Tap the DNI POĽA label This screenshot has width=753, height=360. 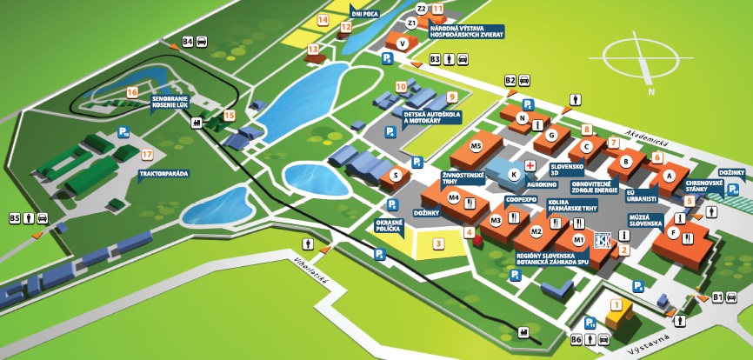tap(366, 14)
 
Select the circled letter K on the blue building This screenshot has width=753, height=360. tap(514, 175)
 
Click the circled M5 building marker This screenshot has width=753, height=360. tap(476, 145)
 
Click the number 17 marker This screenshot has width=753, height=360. tap(147, 155)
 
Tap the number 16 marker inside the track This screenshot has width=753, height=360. tap(132, 91)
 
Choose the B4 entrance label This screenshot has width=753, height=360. tap(187, 41)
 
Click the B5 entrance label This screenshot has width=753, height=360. tap(15, 217)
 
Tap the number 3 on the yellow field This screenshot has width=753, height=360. tap(439, 243)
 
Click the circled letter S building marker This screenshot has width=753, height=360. tap(396, 175)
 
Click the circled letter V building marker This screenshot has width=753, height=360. tap(402, 43)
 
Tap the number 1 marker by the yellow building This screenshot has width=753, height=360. tap(617, 304)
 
